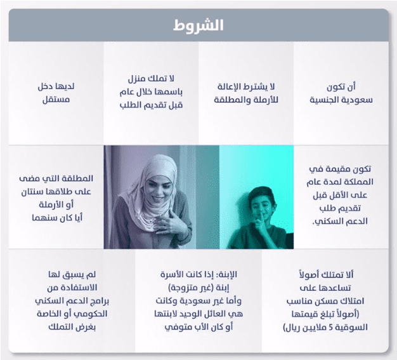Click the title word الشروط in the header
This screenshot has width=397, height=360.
coord(198,25)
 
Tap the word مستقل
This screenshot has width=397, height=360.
coord(56,100)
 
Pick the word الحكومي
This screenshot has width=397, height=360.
coord(92,314)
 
